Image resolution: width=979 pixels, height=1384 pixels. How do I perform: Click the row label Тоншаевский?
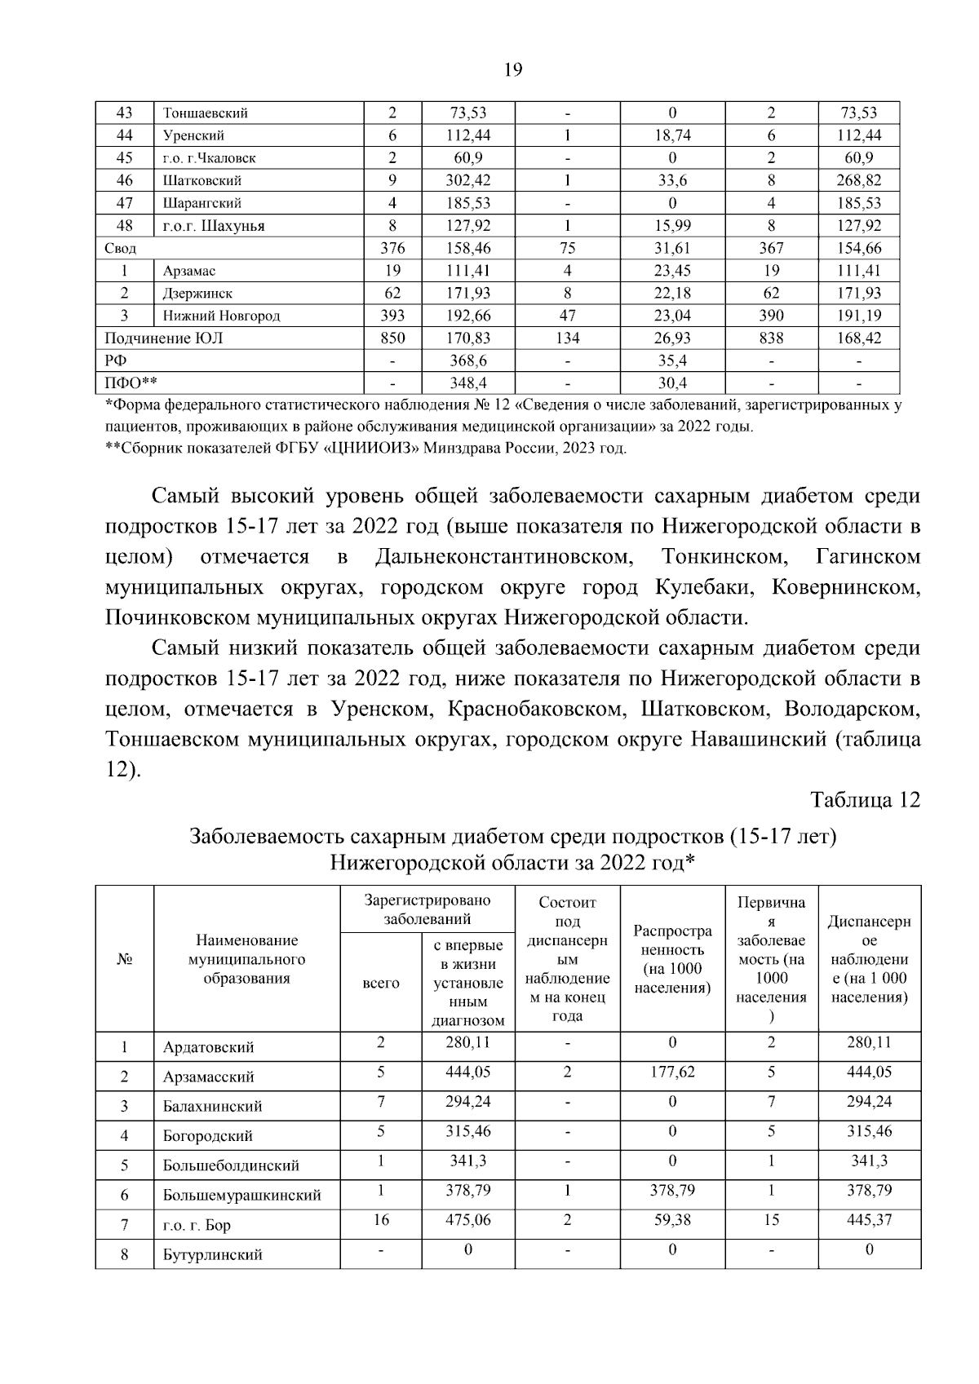click(x=206, y=113)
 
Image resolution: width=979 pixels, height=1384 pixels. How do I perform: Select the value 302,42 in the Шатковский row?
click(x=470, y=180)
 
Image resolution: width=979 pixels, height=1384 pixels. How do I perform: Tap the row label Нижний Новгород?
click(x=221, y=316)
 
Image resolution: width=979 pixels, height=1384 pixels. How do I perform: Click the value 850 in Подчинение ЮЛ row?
click(x=392, y=338)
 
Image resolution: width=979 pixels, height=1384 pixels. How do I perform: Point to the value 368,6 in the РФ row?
click(x=469, y=360)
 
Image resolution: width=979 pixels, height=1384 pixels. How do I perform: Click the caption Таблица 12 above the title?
click(x=865, y=800)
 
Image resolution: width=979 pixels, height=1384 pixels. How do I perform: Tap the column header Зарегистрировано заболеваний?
click(x=427, y=910)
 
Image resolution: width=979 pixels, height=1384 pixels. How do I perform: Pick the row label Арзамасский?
click(x=208, y=1077)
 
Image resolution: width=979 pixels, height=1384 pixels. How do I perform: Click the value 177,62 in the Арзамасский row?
click(x=672, y=1072)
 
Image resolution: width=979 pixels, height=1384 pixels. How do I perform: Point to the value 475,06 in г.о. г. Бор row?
click(x=468, y=1220)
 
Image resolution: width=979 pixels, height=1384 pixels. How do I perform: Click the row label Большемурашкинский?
click(x=241, y=1196)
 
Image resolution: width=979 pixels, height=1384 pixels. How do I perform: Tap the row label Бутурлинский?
click(x=212, y=1255)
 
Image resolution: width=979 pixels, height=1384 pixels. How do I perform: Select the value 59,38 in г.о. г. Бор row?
click(x=672, y=1220)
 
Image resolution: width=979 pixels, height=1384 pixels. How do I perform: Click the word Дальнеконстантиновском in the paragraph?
click(x=504, y=557)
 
